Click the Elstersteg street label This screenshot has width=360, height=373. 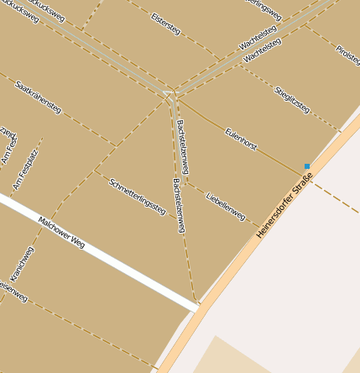pyautogui.click(x=165, y=24)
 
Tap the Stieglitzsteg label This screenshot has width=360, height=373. pyautogui.click(x=292, y=98)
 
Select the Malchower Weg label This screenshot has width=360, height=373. pyautogui.click(x=61, y=232)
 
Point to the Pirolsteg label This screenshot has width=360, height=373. pyautogui.click(x=347, y=56)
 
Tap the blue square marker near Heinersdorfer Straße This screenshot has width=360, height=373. pyautogui.click(x=307, y=166)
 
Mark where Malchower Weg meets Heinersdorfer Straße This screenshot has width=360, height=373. pyautogui.click(x=199, y=307)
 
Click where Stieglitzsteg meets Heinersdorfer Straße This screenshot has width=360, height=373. pyautogui.click(x=341, y=131)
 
